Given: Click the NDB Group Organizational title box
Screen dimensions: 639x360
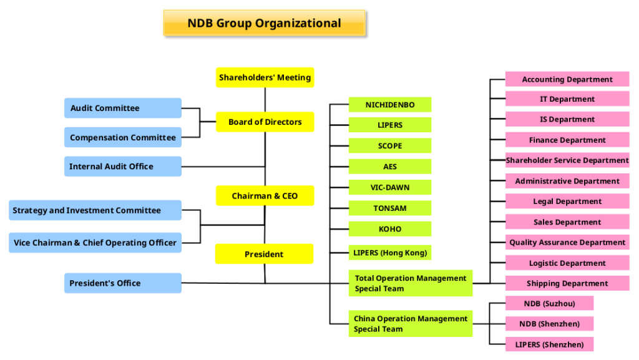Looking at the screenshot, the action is (x=264, y=23).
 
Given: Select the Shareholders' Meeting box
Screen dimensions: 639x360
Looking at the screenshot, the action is (x=265, y=77).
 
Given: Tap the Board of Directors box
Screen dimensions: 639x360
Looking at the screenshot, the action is (x=265, y=122).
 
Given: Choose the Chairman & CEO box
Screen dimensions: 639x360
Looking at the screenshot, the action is (x=265, y=196).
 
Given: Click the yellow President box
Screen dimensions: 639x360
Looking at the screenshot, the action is (x=264, y=254).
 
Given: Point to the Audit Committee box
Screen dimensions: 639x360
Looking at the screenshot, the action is (x=123, y=108).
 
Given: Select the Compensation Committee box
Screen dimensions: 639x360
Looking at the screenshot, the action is (x=123, y=137).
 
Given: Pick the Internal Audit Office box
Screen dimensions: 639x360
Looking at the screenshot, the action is (x=123, y=167).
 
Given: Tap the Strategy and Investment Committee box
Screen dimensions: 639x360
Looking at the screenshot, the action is (x=95, y=210).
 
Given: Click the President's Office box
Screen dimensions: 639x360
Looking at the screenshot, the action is (x=123, y=283).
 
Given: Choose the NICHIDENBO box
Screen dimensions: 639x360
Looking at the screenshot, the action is (x=390, y=105).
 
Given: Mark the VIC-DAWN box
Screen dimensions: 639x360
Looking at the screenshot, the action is (x=390, y=187).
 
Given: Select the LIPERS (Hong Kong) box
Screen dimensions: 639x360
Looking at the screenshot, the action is (x=390, y=253).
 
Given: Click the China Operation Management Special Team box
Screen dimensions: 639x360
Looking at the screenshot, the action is (x=411, y=324).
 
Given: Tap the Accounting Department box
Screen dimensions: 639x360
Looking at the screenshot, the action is (x=567, y=79).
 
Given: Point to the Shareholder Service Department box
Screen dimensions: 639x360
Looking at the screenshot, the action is (x=567, y=160).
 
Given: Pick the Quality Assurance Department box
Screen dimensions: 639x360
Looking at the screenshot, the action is (x=567, y=242).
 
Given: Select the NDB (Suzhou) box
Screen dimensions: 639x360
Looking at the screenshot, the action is (x=549, y=303).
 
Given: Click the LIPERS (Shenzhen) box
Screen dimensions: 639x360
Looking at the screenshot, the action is (x=549, y=344).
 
